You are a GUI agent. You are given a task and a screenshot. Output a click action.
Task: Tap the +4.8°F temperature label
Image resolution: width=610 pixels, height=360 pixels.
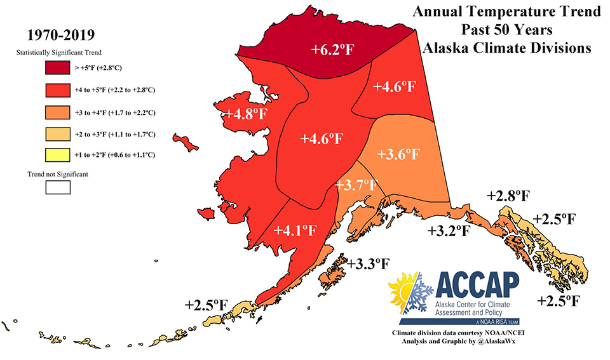point(247,114)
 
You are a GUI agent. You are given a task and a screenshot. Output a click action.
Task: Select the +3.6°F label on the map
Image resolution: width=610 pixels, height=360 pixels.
point(398,154)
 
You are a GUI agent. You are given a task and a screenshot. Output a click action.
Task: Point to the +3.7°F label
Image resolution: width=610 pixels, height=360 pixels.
point(356,185)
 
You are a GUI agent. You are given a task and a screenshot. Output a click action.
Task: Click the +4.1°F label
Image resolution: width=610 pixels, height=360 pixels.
point(295,230)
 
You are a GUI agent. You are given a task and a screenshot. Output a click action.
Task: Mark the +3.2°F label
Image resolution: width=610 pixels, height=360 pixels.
point(448,229)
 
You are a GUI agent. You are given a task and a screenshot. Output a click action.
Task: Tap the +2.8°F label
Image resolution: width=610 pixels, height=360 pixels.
point(508,196)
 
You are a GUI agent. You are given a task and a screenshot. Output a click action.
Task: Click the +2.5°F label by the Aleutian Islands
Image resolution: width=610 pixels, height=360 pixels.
point(207,305)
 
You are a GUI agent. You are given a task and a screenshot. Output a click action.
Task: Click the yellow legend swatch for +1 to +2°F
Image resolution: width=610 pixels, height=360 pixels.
point(57,154)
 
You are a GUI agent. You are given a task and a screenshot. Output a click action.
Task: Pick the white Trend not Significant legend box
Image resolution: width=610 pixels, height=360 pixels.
point(57,187)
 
